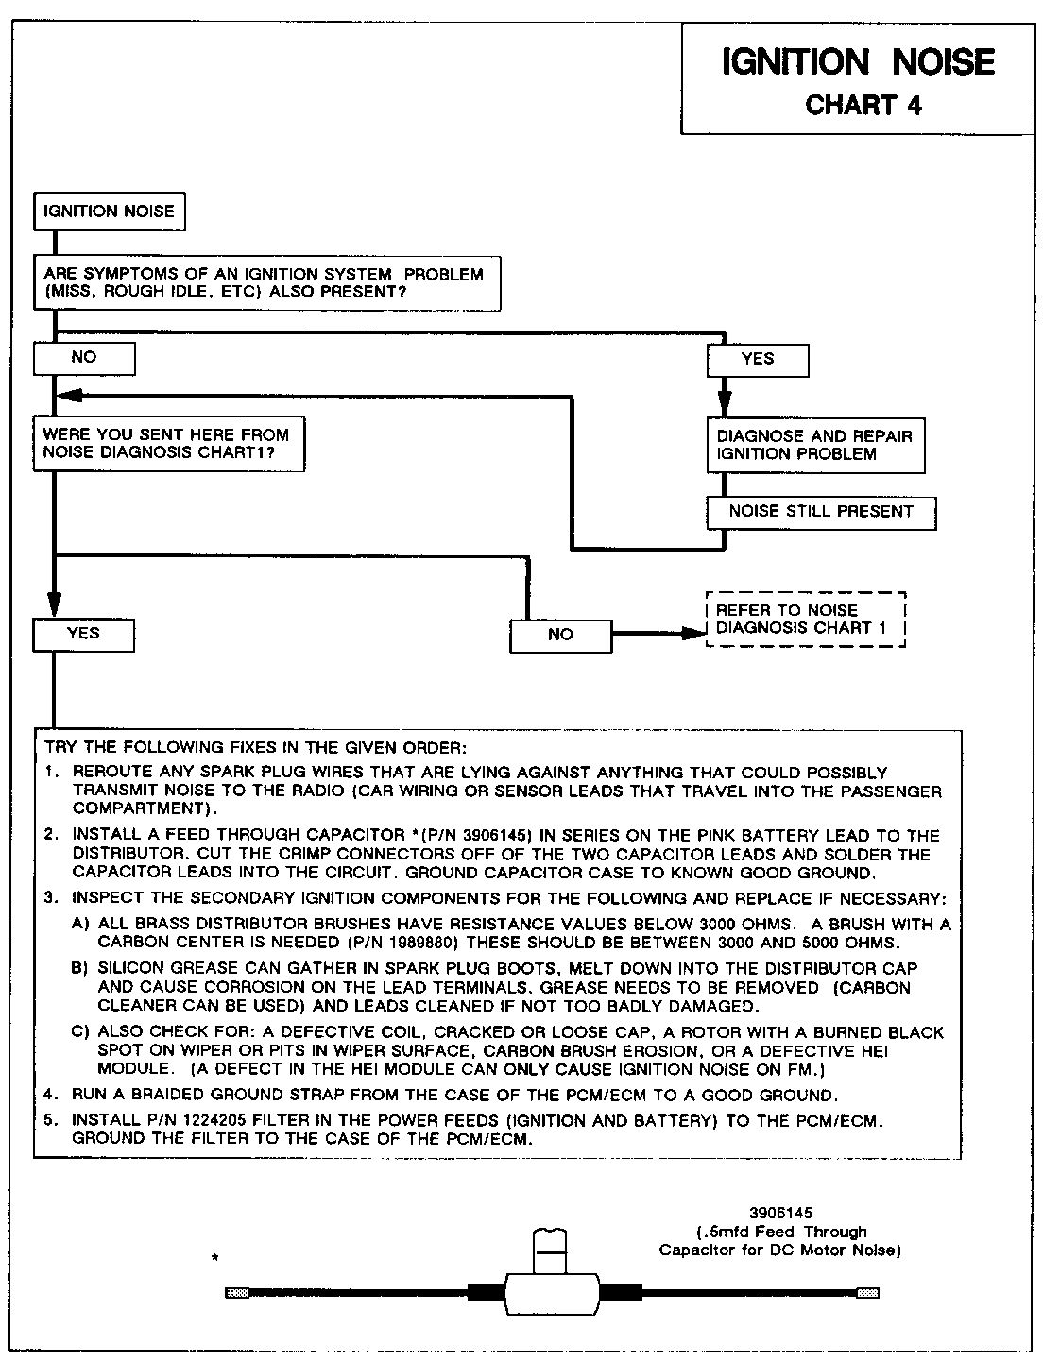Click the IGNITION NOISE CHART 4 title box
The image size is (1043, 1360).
[858, 79]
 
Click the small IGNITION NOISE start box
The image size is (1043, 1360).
[109, 212]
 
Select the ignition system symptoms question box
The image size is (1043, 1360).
[266, 283]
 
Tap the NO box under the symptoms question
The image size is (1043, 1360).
[84, 358]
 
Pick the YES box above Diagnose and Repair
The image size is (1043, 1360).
[758, 360]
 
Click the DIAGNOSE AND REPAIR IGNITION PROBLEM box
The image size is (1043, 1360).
[815, 446]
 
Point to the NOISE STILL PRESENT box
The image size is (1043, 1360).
[821, 512]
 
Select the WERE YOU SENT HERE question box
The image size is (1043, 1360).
[168, 444]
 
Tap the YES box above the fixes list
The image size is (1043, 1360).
[83, 634]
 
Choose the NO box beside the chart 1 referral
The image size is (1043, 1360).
[560, 635]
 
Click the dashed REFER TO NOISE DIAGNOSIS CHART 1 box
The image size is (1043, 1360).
[806, 620]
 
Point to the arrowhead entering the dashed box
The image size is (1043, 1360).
[694, 634]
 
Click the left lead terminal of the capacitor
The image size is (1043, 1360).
[237, 1293]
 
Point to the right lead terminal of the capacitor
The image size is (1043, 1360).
[867, 1293]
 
